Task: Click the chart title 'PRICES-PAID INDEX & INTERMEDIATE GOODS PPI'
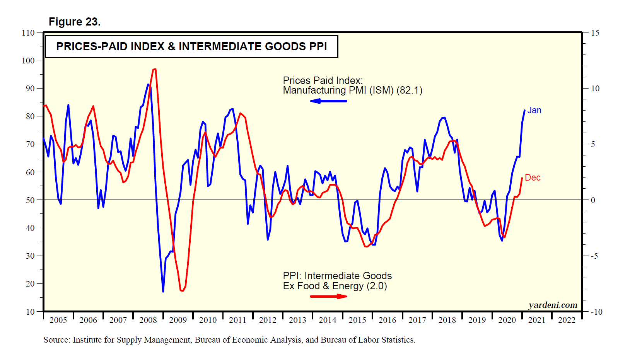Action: coord(191,46)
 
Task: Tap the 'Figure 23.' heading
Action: coord(74,22)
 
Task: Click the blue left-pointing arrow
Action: coord(328,101)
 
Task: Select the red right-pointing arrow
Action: coord(329,297)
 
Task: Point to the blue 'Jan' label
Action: coord(534,111)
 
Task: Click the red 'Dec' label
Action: coord(533,178)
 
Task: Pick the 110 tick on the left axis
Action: coord(28,33)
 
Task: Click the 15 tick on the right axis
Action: coord(595,33)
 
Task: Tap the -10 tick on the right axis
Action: coord(596,312)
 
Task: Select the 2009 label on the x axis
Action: coord(178,320)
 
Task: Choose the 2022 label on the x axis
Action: coord(567,320)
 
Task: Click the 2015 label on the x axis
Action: coord(357,320)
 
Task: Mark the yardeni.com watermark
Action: coord(553,305)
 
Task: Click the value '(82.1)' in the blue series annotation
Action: coord(410,90)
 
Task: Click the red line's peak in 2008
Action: coord(154,69)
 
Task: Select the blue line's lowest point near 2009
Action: coord(163,292)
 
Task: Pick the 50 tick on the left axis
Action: coord(30,200)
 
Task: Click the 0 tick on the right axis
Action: coord(592,200)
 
